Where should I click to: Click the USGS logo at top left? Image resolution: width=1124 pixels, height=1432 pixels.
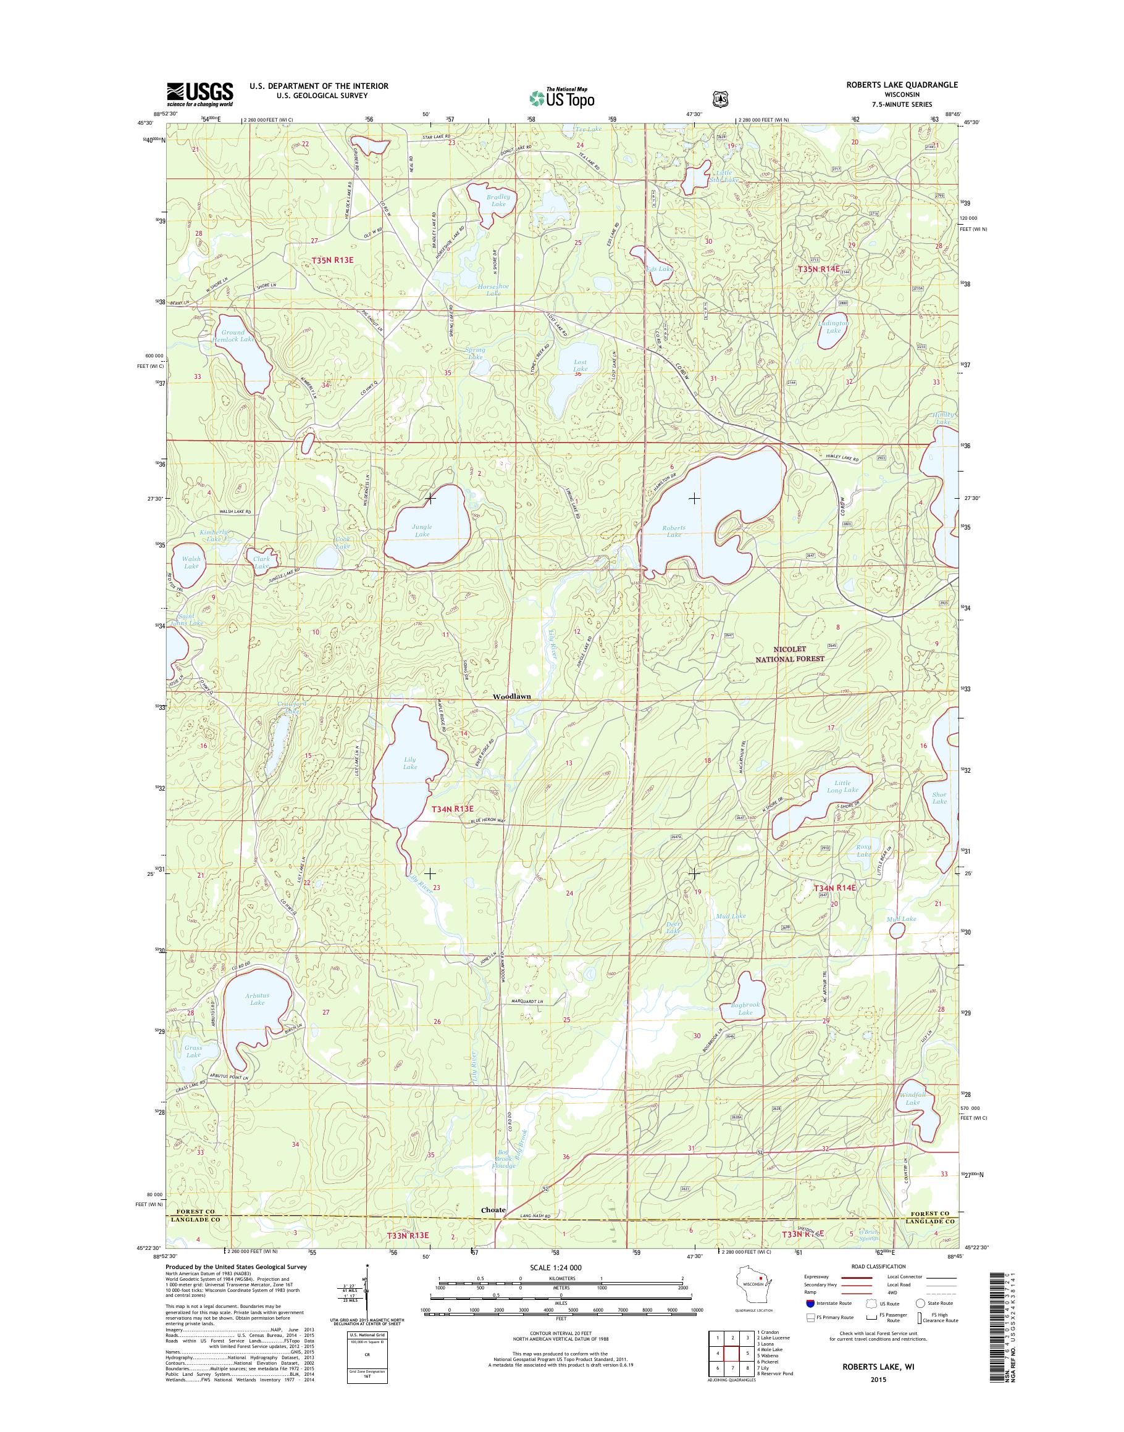[199, 94]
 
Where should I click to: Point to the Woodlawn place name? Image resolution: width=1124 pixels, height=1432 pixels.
[511, 696]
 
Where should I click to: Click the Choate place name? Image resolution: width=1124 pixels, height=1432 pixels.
[493, 1210]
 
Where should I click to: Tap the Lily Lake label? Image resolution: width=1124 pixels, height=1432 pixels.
[410, 763]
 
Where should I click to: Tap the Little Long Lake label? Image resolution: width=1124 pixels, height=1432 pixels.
[842, 786]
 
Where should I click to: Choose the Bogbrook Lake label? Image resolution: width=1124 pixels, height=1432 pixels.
[745, 1009]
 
